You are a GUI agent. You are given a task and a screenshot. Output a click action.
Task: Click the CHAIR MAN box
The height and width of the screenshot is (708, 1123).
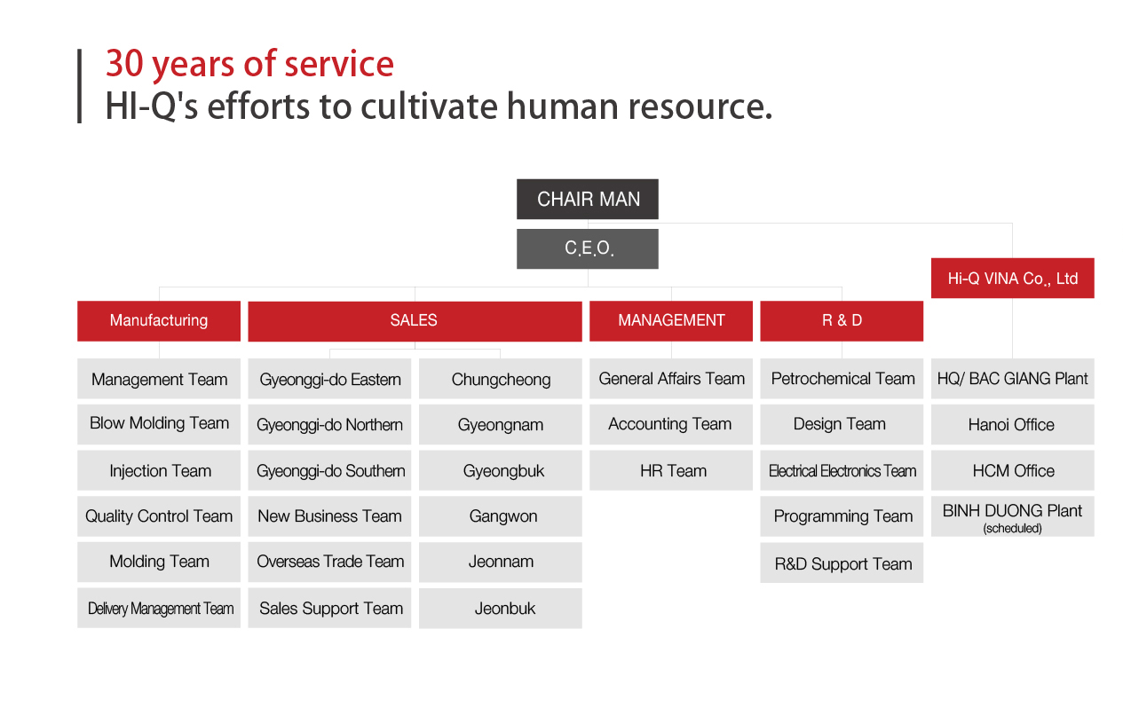pyautogui.click(x=588, y=199)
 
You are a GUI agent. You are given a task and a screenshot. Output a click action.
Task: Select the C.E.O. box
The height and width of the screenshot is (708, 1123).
pyautogui.click(x=588, y=248)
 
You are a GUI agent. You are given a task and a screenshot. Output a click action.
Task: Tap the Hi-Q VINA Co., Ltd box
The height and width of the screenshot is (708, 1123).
pyautogui.click(x=1013, y=278)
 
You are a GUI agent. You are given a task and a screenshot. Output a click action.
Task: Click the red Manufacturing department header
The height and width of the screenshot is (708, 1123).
pyautogui.click(x=159, y=320)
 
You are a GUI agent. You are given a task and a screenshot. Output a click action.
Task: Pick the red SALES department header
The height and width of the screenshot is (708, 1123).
pyautogui.click(x=415, y=320)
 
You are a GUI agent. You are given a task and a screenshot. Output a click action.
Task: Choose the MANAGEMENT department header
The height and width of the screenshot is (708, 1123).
pyautogui.click(x=671, y=320)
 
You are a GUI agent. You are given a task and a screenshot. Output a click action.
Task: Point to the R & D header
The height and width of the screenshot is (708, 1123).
pyautogui.click(x=842, y=320)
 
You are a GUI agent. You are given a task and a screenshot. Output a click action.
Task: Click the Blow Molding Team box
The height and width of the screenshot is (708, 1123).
pyautogui.click(x=159, y=424)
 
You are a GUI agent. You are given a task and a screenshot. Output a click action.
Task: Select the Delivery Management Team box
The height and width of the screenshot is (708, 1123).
pyautogui.click(x=159, y=608)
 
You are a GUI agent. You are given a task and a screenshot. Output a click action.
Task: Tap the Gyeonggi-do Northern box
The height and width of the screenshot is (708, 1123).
pyautogui.click(x=329, y=424)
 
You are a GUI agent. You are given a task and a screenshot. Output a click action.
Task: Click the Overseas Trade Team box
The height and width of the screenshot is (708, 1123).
pyautogui.click(x=329, y=562)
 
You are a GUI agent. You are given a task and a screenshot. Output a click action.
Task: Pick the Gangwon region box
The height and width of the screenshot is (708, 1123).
pyautogui.click(x=501, y=516)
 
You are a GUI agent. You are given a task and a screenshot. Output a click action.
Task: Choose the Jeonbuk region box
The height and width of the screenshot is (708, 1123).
pyautogui.click(x=501, y=608)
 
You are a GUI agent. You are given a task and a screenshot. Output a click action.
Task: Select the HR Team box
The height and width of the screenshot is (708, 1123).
pyautogui.click(x=671, y=470)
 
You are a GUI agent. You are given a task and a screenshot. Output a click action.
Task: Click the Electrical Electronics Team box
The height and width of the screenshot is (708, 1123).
pyautogui.click(x=842, y=470)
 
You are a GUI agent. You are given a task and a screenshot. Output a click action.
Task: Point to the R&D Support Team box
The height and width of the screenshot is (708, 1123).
pyautogui.click(x=842, y=562)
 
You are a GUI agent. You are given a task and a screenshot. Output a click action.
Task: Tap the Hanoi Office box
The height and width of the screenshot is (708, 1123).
pyautogui.click(x=1013, y=424)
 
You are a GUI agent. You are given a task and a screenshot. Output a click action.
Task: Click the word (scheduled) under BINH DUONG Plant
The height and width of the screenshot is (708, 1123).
pyautogui.click(x=1013, y=528)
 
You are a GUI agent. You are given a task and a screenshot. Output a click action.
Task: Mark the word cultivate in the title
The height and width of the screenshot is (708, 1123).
pyautogui.click(x=429, y=106)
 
